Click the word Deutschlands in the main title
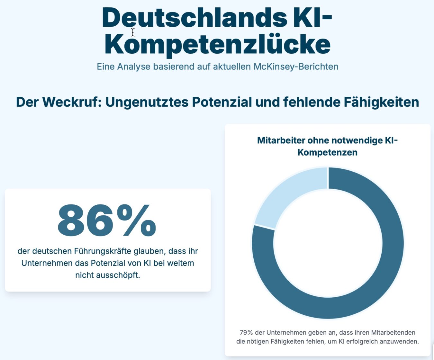point(194,18)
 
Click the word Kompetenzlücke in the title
point(217,44)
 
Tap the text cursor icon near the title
point(132,32)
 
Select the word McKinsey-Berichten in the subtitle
point(296,67)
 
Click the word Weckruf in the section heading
point(70,102)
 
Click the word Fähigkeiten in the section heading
point(381,102)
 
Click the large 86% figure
point(107,221)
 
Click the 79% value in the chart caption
point(246,332)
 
